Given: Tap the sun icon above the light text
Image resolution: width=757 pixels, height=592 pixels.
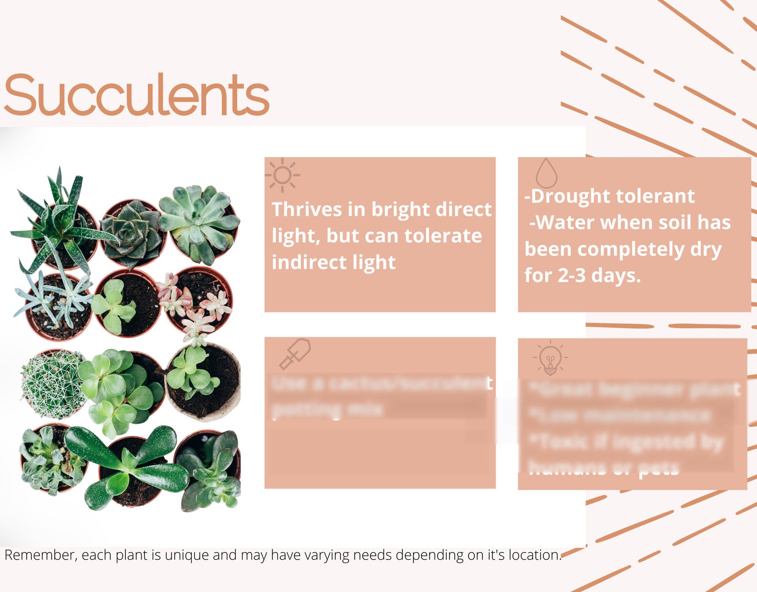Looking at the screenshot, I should point(282,175).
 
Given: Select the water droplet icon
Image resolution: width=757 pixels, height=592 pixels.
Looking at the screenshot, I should point(546,173).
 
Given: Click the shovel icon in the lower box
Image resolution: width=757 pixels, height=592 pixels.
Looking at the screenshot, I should point(295,353).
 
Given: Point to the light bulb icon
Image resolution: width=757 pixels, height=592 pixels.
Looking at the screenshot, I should point(550,358).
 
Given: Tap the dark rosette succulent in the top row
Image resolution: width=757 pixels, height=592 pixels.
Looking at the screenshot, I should point(131,232).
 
